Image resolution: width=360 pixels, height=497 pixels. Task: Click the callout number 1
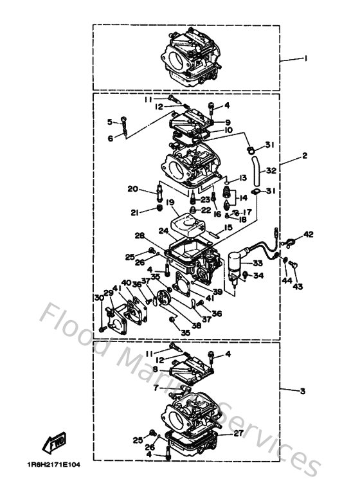coord(306,58)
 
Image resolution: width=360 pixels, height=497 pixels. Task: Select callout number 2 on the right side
coord(305,156)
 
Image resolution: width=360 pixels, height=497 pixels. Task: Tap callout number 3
coord(303,391)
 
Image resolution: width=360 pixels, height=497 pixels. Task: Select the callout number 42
coord(309,235)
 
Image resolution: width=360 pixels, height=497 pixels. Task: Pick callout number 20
coord(132,188)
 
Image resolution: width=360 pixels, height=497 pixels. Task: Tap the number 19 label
coord(170,203)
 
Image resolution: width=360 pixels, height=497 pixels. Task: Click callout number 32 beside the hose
coord(271,171)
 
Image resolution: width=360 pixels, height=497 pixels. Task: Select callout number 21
coord(135,213)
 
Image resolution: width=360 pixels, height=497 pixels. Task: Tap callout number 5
coord(110,121)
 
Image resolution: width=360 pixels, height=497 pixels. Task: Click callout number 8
coord(154,369)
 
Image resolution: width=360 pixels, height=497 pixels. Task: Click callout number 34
coord(258,276)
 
